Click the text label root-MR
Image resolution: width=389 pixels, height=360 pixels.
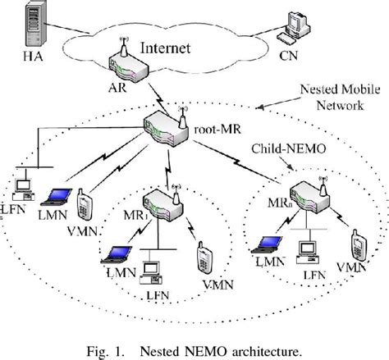click(215, 128)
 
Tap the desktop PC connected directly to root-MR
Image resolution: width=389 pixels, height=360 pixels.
click(23, 182)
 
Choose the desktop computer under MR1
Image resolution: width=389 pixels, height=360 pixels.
click(151, 271)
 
